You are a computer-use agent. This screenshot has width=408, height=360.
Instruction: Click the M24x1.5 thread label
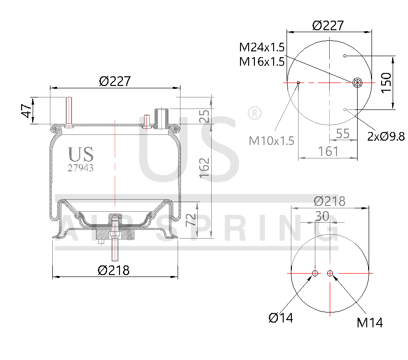262,47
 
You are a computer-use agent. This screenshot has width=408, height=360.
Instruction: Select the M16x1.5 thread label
262,61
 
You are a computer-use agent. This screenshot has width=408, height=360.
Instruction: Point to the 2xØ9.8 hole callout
385,136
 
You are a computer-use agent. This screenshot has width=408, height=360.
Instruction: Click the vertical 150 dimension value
386,83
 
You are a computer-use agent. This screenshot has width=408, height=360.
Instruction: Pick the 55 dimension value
343,134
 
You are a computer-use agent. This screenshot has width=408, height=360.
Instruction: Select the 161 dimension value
329,152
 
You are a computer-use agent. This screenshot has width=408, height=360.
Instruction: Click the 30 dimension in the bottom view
322,216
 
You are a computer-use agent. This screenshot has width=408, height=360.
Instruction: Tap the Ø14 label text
281,317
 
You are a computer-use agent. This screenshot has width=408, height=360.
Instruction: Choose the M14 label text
370,323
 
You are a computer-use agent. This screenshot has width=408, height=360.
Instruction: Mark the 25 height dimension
204,116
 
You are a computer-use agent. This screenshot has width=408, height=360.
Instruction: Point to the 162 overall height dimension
204,168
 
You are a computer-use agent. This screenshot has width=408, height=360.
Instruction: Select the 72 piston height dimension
191,220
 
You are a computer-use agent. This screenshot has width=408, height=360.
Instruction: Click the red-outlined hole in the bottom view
315,274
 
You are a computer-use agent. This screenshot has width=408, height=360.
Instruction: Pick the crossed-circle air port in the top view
357,83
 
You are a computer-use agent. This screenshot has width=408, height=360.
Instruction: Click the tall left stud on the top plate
69,112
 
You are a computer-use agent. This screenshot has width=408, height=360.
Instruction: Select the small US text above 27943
81,154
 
